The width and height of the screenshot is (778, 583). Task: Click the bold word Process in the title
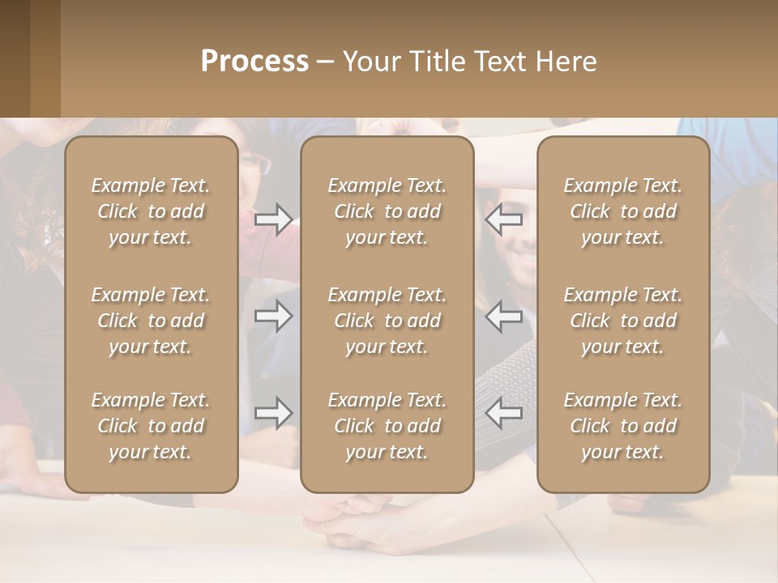coord(254,62)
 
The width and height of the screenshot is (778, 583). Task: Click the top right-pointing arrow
coord(273,219)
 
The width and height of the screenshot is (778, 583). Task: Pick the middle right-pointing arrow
coord(273,316)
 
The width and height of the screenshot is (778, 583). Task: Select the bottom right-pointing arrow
coord(273,413)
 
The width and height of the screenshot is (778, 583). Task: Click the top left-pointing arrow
coord(504,219)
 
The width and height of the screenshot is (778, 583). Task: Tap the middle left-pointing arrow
coord(504,316)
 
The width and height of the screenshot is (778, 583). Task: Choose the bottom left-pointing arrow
coord(504,413)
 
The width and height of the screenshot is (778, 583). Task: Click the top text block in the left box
coord(151,211)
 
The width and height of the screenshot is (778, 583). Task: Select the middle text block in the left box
coord(151,321)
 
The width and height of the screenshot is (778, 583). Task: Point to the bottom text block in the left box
coord(151,426)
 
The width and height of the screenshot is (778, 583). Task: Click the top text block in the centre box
coord(387,211)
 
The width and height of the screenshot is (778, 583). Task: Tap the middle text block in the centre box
coord(387,321)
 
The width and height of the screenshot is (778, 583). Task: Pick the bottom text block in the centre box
coord(387,426)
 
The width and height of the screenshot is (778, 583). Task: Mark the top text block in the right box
coord(623,211)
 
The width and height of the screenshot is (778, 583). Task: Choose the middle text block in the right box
coord(623,321)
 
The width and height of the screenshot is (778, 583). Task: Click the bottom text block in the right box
coord(623,426)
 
